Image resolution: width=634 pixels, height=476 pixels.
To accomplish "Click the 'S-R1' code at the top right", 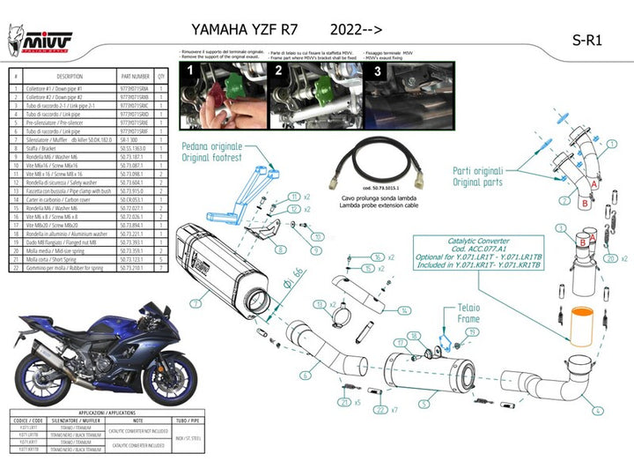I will [x=587, y=40].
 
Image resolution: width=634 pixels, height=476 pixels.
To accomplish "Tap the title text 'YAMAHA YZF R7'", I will [x=233, y=30].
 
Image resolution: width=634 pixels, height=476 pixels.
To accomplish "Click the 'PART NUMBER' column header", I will [x=136, y=77].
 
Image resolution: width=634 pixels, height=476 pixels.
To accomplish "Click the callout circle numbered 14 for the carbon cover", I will [x=403, y=310].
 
